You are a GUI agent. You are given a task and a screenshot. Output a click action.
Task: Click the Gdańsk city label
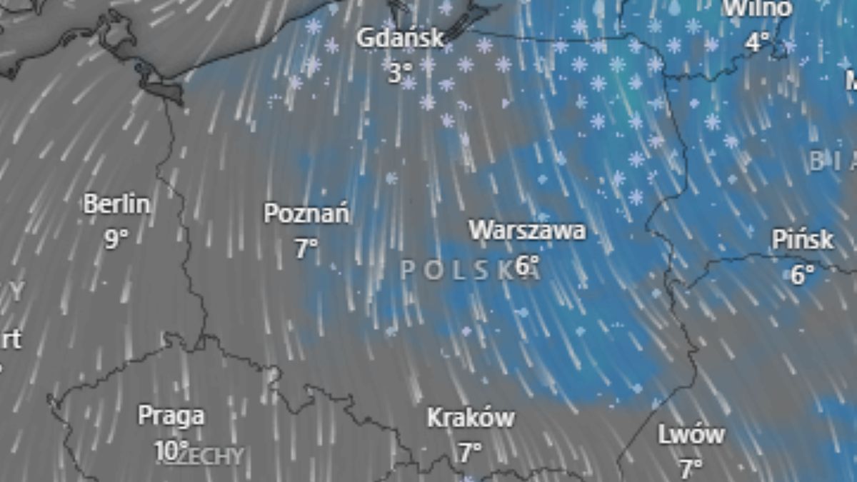pos(401,38)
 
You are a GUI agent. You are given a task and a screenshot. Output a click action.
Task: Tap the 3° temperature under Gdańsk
pos(401,72)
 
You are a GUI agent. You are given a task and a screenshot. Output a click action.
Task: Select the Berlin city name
pos(117,204)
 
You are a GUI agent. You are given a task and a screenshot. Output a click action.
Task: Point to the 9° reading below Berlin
pos(117,239)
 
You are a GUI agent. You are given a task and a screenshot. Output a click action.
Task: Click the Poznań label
pos(306,214)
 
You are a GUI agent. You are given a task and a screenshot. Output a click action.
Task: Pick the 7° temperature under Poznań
pos(306,248)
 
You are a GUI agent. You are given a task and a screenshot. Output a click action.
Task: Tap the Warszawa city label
pos(527,230)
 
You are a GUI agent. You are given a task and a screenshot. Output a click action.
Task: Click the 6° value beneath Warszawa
pos(527,265)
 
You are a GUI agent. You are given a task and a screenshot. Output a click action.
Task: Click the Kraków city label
pos(470,418)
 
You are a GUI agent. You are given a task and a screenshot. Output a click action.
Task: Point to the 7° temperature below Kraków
pos(470,451)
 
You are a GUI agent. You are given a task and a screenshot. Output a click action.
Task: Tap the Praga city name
pos(171,415)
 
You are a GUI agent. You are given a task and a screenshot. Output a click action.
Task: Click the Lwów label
pos(691,434)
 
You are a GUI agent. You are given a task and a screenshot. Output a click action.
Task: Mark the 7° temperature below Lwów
pos(691,468)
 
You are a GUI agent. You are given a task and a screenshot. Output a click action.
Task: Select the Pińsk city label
pos(803,240)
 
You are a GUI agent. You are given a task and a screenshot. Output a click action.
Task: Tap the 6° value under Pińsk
pos(803,274)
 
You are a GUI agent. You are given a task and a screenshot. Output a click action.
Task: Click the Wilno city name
pos(758,9)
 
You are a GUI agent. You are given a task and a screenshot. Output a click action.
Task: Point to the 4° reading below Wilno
pos(758,42)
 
